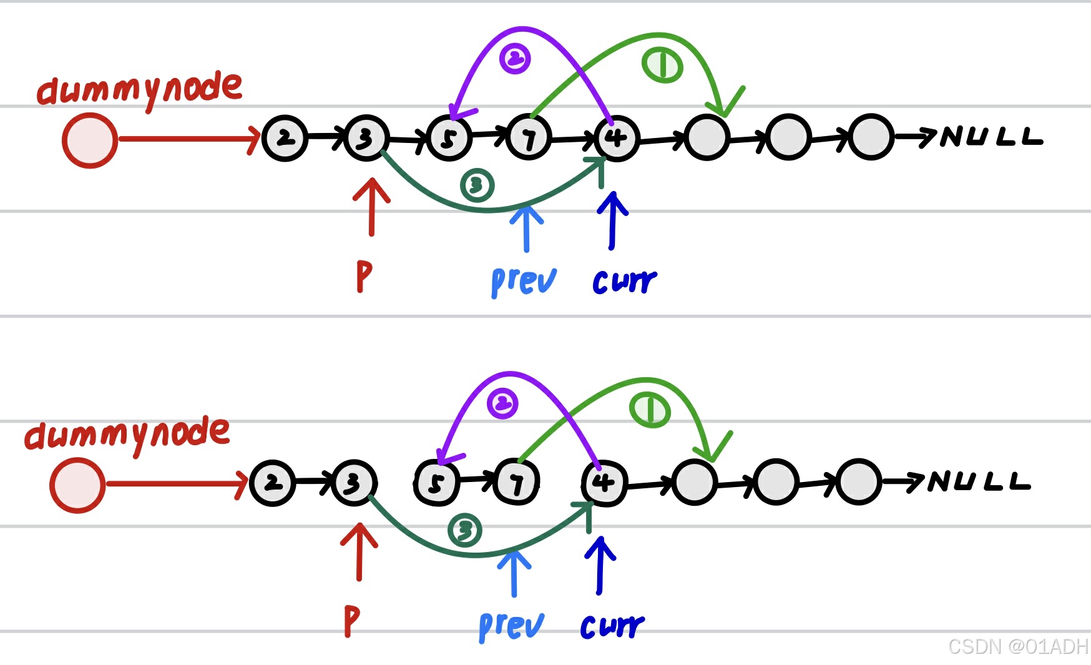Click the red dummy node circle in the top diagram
(x=90, y=140)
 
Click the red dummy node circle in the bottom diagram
(x=77, y=485)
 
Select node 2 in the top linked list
(x=285, y=138)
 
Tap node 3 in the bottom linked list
(x=354, y=483)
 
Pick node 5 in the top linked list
(x=449, y=139)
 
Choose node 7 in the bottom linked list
(x=516, y=483)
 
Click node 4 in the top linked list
(x=617, y=138)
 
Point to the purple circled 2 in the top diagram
(x=515, y=59)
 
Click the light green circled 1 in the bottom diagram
(x=650, y=410)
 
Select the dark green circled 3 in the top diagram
(x=477, y=185)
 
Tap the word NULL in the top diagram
(x=991, y=136)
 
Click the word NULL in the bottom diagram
(x=979, y=481)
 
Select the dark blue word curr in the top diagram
(x=624, y=282)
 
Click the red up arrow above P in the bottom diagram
(x=359, y=551)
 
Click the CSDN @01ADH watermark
(x=1017, y=646)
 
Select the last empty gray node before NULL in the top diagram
(x=871, y=137)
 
